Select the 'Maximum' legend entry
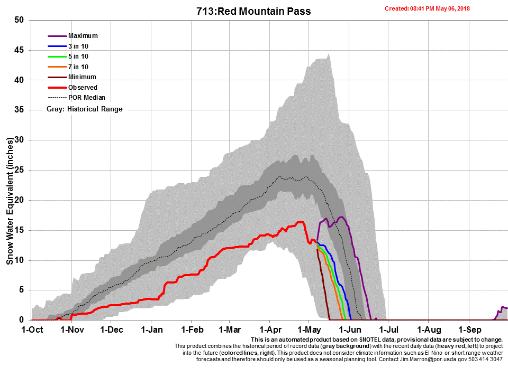pyautogui.click(x=83, y=36)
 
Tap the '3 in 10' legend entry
pyautogui.click(x=78, y=46)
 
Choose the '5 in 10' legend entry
pyautogui.click(x=78, y=56)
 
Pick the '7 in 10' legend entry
pyautogui.click(x=78, y=67)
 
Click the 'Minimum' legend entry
pyautogui.click(x=82, y=77)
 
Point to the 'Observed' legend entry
pyautogui.click(x=83, y=87)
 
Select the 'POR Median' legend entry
pyautogui.click(x=86, y=98)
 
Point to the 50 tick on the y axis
pyautogui.click(x=20, y=20)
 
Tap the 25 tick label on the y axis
pyautogui.click(x=20, y=170)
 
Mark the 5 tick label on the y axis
pyautogui.click(x=22, y=290)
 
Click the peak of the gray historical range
pyautogui.click(x=329, y=54)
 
